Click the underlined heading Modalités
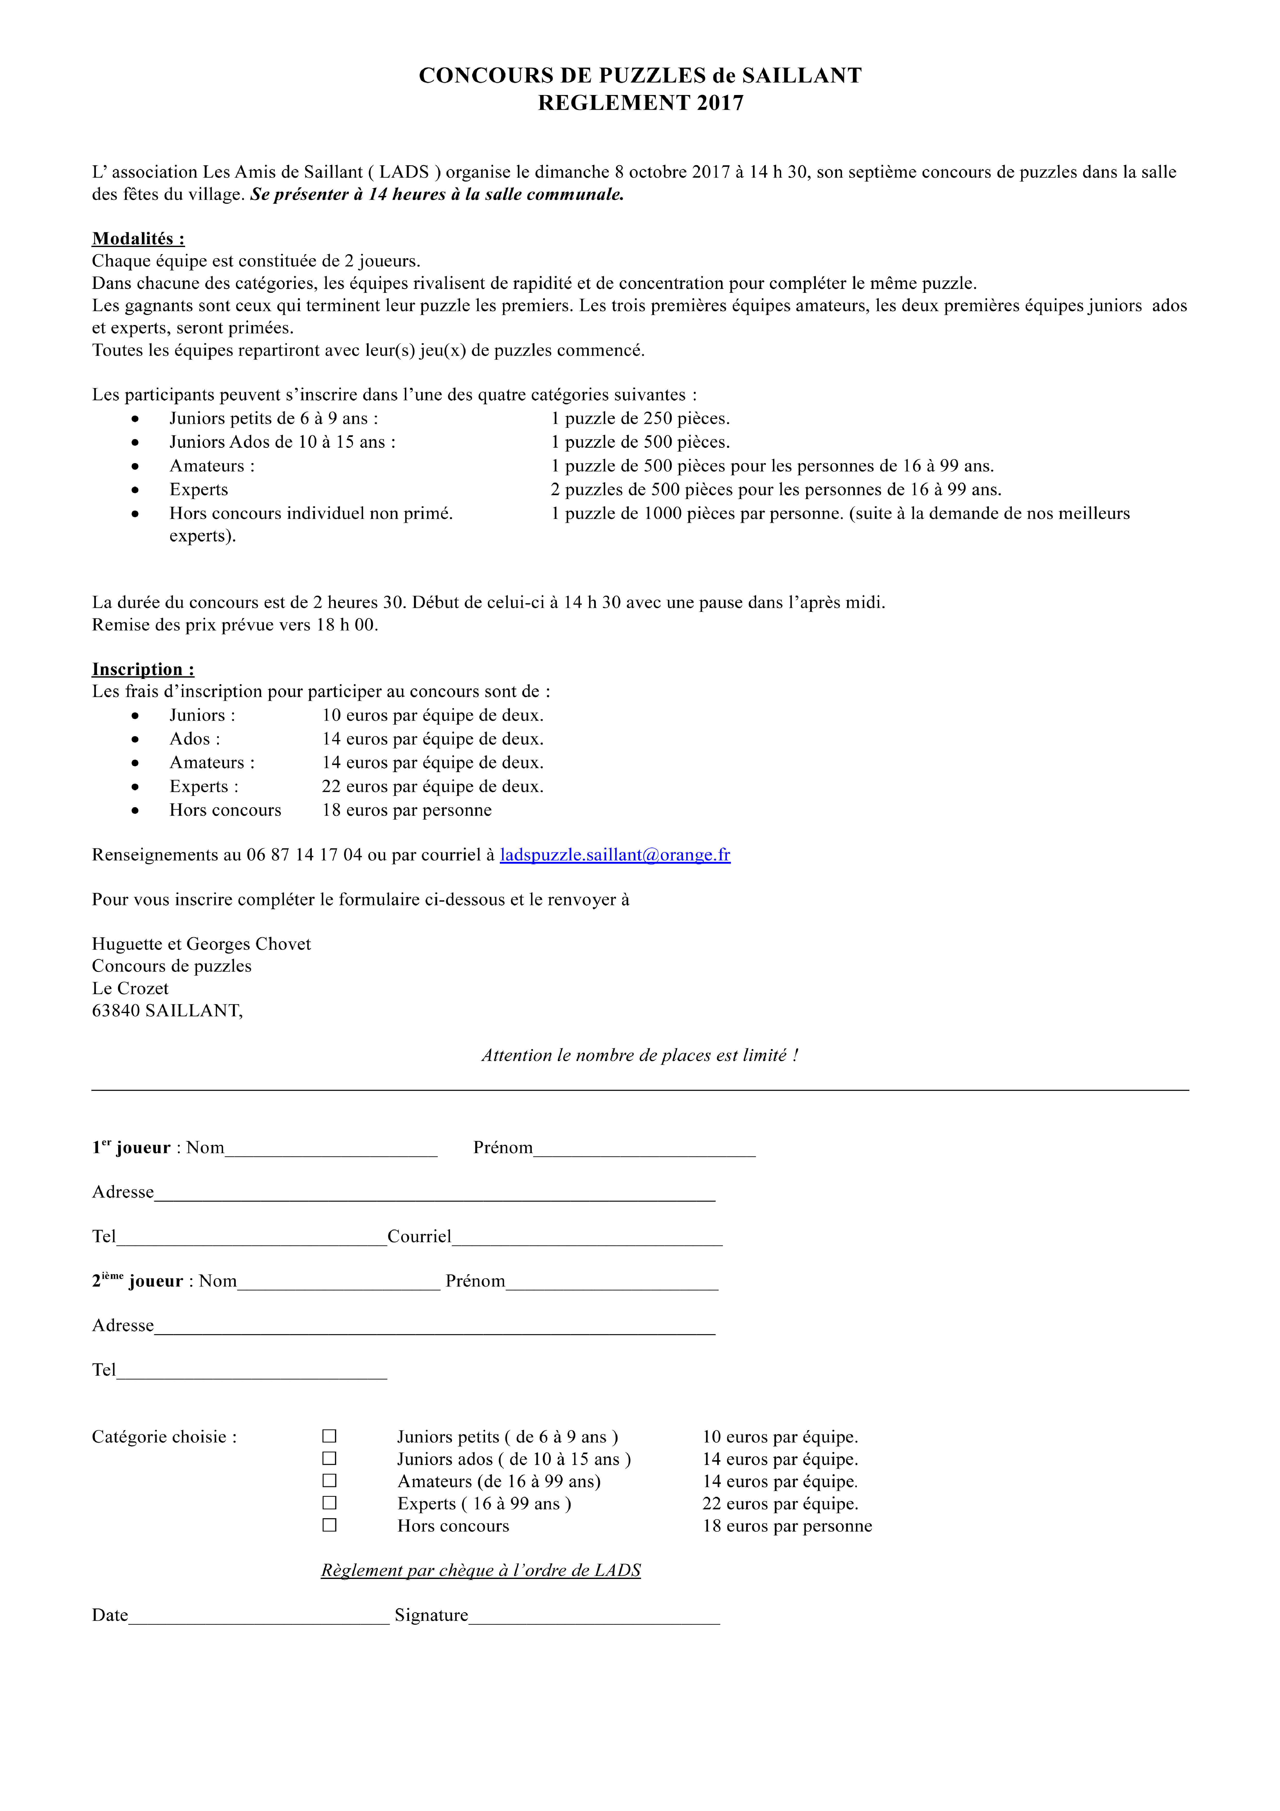(138, 239)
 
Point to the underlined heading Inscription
(143, 670)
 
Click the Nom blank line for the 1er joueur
(331, 1148)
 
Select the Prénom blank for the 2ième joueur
(611, 1282)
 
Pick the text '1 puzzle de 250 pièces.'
(639, 419)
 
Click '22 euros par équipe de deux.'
(432, 787)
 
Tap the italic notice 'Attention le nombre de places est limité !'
(639, 1055)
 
